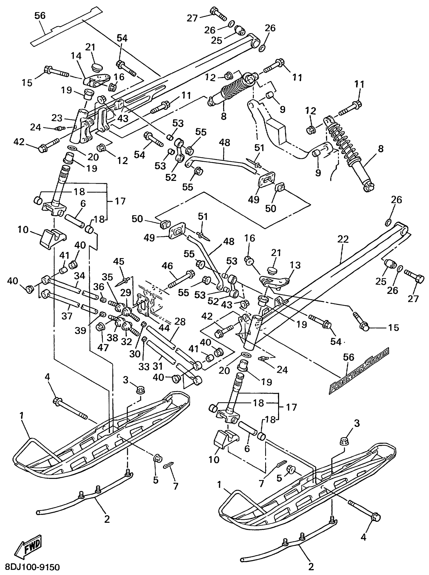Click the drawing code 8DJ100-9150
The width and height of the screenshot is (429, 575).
32,567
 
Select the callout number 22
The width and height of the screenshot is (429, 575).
343,239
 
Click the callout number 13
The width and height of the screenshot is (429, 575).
295,265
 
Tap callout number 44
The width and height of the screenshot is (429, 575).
164,328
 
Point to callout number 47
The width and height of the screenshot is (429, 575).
103,348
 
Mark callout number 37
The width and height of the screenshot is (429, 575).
66,316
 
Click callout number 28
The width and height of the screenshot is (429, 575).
180,322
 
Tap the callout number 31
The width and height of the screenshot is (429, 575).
157,366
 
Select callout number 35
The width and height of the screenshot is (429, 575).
107,277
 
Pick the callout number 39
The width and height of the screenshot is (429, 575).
81,331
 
